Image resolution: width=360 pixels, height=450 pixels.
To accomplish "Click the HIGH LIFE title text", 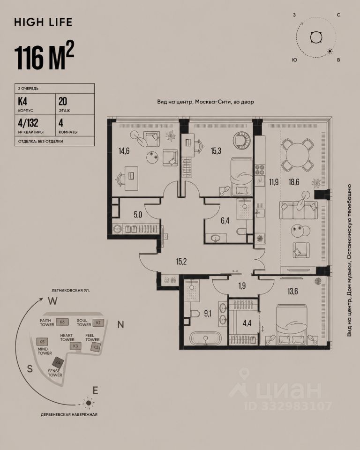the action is [43, 22].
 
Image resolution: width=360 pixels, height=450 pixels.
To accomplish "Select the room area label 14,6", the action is [124, 150].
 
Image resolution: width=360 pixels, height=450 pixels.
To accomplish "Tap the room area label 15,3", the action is [216, 150].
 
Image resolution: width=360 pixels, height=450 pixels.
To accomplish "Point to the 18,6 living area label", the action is [294, 182].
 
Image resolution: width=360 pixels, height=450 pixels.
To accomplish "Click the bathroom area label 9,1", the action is [208, 314].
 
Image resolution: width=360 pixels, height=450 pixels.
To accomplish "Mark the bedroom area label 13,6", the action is [292, 292].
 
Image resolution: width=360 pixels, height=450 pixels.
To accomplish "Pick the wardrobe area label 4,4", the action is [247, 323].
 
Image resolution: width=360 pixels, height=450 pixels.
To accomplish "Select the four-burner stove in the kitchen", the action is [260, 169].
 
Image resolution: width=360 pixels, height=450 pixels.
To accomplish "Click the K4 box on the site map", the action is [58, 363].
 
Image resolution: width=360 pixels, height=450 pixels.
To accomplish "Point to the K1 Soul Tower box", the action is [98, 322].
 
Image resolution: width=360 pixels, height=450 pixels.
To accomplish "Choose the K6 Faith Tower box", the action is [62, 322].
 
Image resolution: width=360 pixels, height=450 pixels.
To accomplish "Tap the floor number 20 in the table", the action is [63, 101].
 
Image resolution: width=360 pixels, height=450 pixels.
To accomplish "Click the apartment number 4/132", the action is [28, 123].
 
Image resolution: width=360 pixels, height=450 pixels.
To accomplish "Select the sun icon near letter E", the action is [89, 403].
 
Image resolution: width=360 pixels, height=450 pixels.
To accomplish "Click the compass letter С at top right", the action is [338, 15].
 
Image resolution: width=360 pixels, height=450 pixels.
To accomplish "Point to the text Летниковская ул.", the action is [71, 290].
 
